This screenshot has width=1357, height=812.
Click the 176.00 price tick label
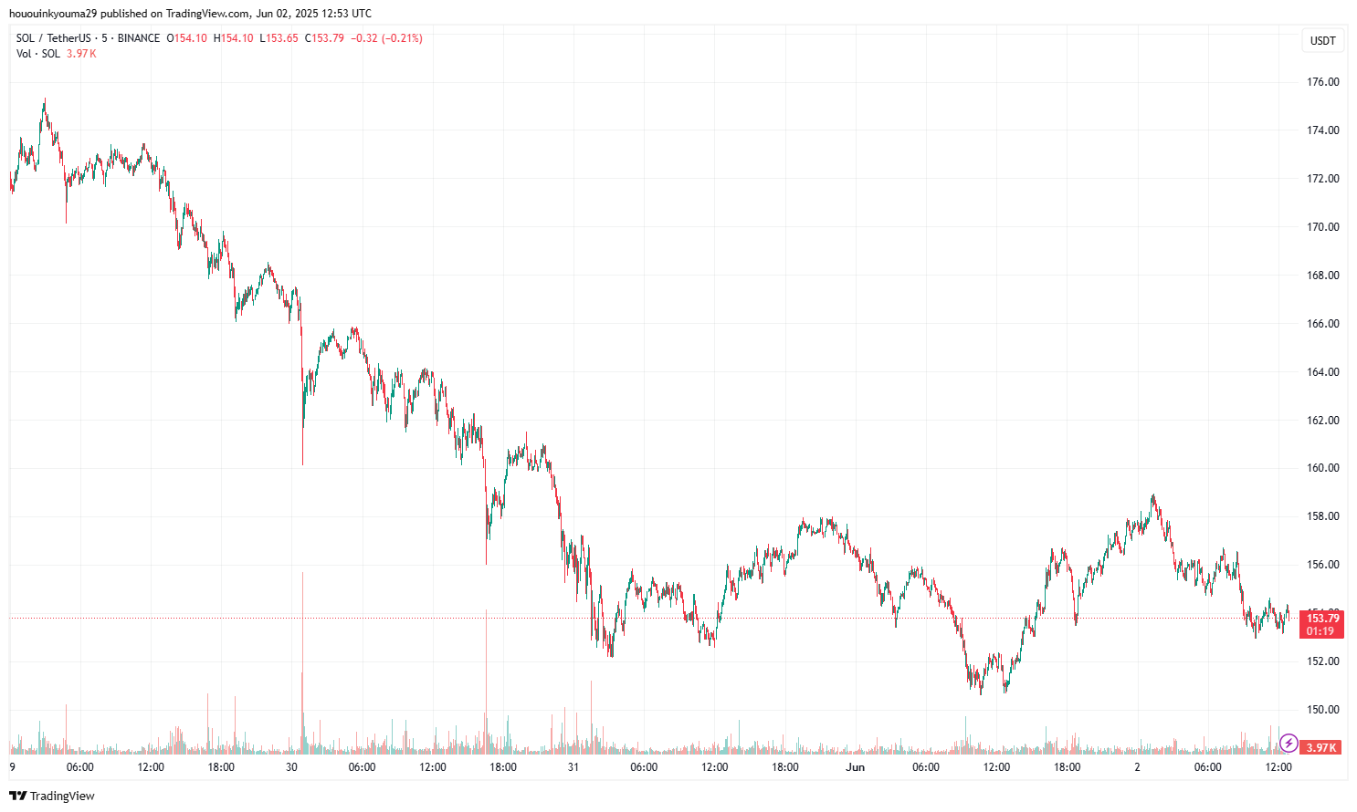(x=1322, y=82)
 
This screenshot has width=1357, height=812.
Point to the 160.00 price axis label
(x=1322, y=468)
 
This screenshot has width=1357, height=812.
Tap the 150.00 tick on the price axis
(x=1322, y=710)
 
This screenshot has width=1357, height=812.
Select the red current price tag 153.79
(x=1320, y=619)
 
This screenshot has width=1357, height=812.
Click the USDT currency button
(x=1322, y=40)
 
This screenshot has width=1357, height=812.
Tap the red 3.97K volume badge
(x=1321, y=748)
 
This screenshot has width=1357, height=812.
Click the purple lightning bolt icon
(x=1289, y=743)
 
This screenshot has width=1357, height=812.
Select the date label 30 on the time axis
(x=292, y=767)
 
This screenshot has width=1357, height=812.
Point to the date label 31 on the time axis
(x=573, y=767)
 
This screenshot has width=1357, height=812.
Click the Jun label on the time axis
(x=855, y=767)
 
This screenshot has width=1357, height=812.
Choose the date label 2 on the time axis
(x=1137, y=767)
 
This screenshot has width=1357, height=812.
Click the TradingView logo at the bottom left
(x=52, y=796)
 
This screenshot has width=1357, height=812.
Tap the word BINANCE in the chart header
(x=139, y=38)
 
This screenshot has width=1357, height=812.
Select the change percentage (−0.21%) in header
(x=402, y=38)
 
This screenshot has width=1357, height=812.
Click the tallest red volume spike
(x=302, y=639)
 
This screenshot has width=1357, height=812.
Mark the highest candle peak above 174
(x=44, y=100)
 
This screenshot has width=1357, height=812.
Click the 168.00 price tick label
(x=1322, y=276)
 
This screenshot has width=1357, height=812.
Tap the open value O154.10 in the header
(x=187, y=38)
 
